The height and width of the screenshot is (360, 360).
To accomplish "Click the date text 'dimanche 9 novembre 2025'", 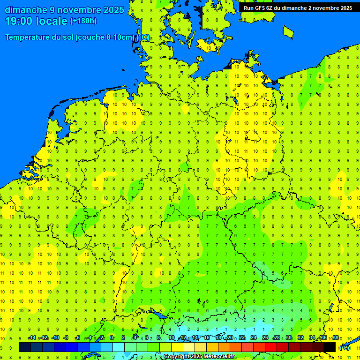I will tap(65, 10).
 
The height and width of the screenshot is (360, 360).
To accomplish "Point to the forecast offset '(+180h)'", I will tap(83, 21).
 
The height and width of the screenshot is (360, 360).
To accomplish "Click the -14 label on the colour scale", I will tap(32, 338).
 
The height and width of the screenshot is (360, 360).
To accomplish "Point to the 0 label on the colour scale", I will tap(112, 338).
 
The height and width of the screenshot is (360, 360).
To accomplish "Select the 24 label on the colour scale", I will tap(254, 338).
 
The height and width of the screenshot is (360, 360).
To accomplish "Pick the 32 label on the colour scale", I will tap(300, 338).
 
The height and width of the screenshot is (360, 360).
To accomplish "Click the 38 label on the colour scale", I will tap(336, 338).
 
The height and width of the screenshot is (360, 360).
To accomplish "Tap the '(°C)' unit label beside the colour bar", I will tap(345, 347).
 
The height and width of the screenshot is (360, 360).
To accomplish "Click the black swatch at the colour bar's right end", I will tap(330, 347).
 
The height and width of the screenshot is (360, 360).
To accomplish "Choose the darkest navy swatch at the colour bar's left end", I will tap(25, 347).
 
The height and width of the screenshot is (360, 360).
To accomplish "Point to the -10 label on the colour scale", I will tap(55, 338).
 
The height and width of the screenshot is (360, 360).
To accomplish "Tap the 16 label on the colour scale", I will tap(207, 338).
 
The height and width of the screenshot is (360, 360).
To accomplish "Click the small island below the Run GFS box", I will tap(288, 31).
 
